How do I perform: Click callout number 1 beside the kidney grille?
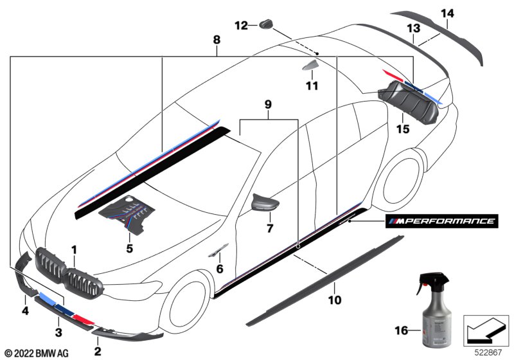tap(75, 250)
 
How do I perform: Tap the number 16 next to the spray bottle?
tap(401, 330)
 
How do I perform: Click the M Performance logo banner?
tap(441, 221)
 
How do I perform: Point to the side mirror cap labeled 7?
tap(265, 203)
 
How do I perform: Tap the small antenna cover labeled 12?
tap(267, 24)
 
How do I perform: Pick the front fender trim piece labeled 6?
tap(218, 249)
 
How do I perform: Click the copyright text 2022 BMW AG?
tap(37, 353)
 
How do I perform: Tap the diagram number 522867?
tap(488, 353)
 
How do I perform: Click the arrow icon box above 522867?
tap(486, 330)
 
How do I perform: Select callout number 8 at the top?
tap(217, 40)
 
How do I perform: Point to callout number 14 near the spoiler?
tap(447, 14)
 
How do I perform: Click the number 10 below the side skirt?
tap(334, 300)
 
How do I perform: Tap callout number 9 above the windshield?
tap(268, 105)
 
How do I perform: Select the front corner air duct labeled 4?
tap(24, 271)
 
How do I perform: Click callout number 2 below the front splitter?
tap(98, 351)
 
